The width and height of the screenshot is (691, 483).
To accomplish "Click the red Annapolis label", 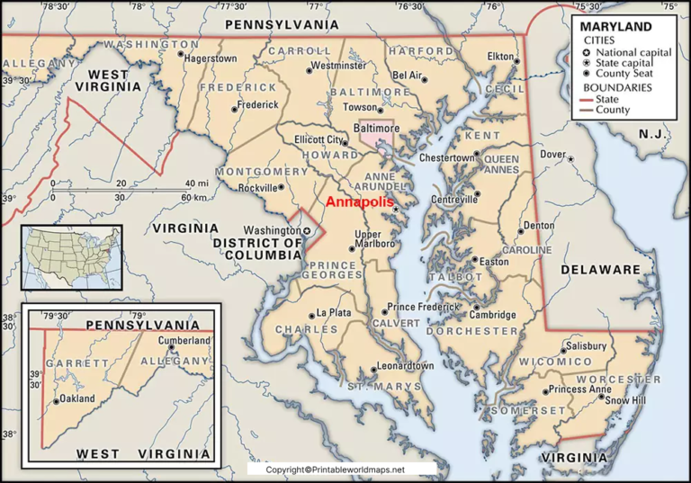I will tap(359, 202).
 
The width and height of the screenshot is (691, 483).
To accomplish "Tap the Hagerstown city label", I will tap(211, 58).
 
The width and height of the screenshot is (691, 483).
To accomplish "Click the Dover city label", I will tap(552, 154).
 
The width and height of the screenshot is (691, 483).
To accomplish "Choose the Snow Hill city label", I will tap(625, 398).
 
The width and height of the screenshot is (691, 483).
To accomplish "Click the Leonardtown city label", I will tap(404, 366).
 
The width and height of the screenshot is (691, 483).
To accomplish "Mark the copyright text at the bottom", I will tap(336, 470).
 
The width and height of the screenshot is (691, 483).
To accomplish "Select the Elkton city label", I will tap(499, 58).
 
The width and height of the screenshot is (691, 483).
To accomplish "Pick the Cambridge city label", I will tap(496, 315).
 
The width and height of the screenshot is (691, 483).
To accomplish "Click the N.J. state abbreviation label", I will tap(650, 133).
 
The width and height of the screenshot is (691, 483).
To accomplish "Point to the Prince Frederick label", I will tap(422, 308).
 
